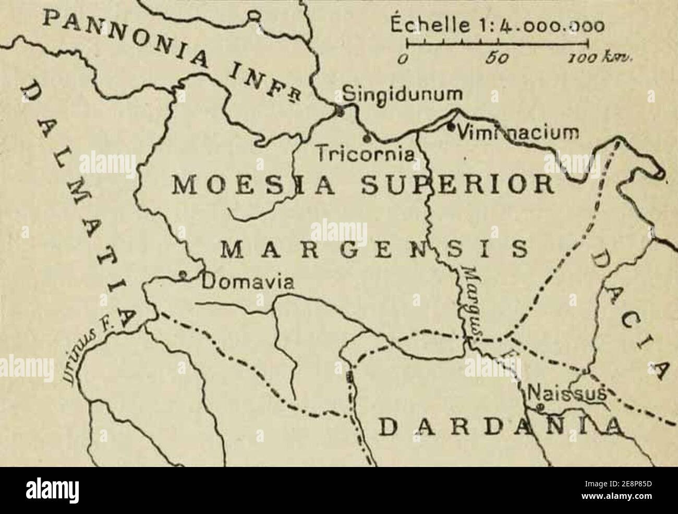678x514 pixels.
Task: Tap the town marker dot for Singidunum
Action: click(340, 110)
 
